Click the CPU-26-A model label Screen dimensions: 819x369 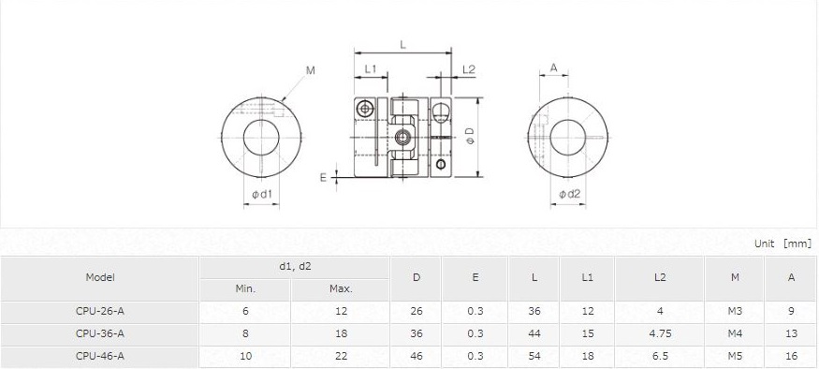pos(100,311)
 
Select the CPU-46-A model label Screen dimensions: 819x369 pos(100,356)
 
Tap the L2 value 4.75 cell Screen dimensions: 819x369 pos(660,333)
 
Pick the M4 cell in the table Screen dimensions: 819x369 pos(735,333)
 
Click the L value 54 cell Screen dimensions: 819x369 pos(534,356)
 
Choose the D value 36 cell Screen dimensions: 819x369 pos(416,333)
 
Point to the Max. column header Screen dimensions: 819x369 pos(341,288)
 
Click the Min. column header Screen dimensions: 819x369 pos(245,288)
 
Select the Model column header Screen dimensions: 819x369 pos(100,277)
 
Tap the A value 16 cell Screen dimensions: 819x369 pos(791,356)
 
